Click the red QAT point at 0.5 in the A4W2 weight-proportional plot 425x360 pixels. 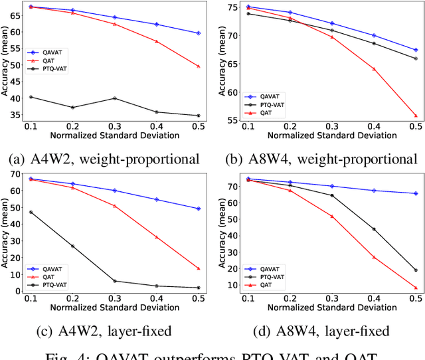click(199, 66)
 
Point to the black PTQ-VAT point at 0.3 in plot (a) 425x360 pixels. click(114, 98)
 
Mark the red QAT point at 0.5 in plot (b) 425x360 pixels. click(416, 116)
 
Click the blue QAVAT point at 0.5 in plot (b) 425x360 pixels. click(416, 50)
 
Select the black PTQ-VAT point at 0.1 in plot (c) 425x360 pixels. click(30, 212)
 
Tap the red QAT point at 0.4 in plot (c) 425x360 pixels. click(157, 236)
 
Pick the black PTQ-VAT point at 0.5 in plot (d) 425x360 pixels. click(416, 270)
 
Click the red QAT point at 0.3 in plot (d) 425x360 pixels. click(331, 216)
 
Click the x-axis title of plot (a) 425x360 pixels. click(114, 135)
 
